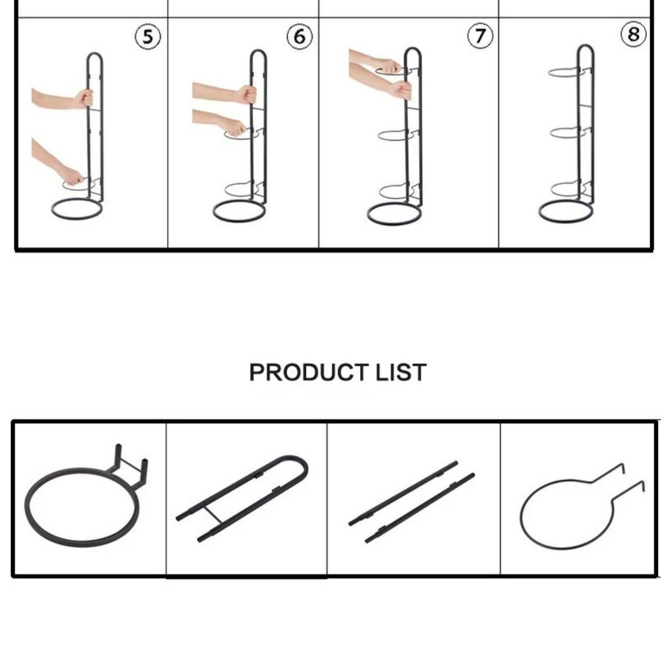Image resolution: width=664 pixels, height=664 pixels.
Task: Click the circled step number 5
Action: pyautogui.click(x=148, y=37)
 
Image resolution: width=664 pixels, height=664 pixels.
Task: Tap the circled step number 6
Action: pyautogui.click(x=299, y=37)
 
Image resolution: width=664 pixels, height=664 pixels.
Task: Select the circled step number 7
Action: pyautogui.click(x=479, y=36)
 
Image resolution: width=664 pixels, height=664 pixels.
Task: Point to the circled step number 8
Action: pyautogui.click(x=633, y=34)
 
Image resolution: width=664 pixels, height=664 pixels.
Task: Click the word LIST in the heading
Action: pyautogui.click(x=401, y=372)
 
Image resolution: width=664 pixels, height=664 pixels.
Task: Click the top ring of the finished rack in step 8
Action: pyautogui.click(x=563, y=72)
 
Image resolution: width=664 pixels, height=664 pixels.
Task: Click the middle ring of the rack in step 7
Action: pyautogui.click(x=393, y=135)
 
